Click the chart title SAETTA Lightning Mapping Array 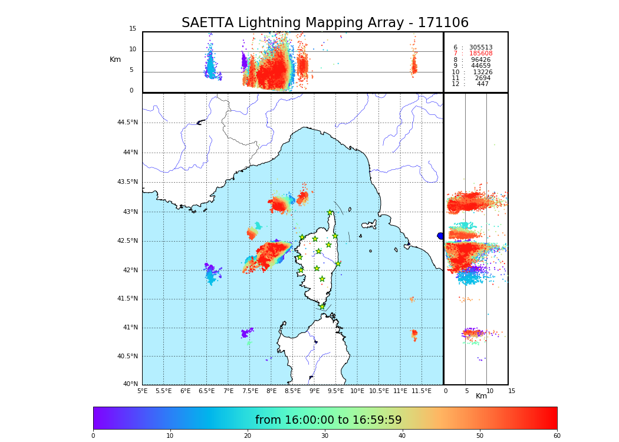(x=325, y=23)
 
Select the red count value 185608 (x=480, y=54)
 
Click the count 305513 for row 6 (x=480, y=48)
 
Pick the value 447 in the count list (x=482, y=84)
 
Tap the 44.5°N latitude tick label (x=127, y=123)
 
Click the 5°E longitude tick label (x=142, y=391)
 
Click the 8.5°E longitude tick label (x=293, y=391)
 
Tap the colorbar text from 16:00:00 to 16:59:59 (x=328, y=420)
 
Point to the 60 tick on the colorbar (x=557, y=436)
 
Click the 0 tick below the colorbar (x=93, y=436)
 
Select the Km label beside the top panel (x=115, y=60)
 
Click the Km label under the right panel (x=481, y=396)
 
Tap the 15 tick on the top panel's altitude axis (x=133, y=29)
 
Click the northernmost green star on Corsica (x=330, y=213)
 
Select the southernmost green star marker (x=322, y=306)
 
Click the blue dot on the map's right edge (x=440, y=236)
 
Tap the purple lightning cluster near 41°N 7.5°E (x=246, y=333)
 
